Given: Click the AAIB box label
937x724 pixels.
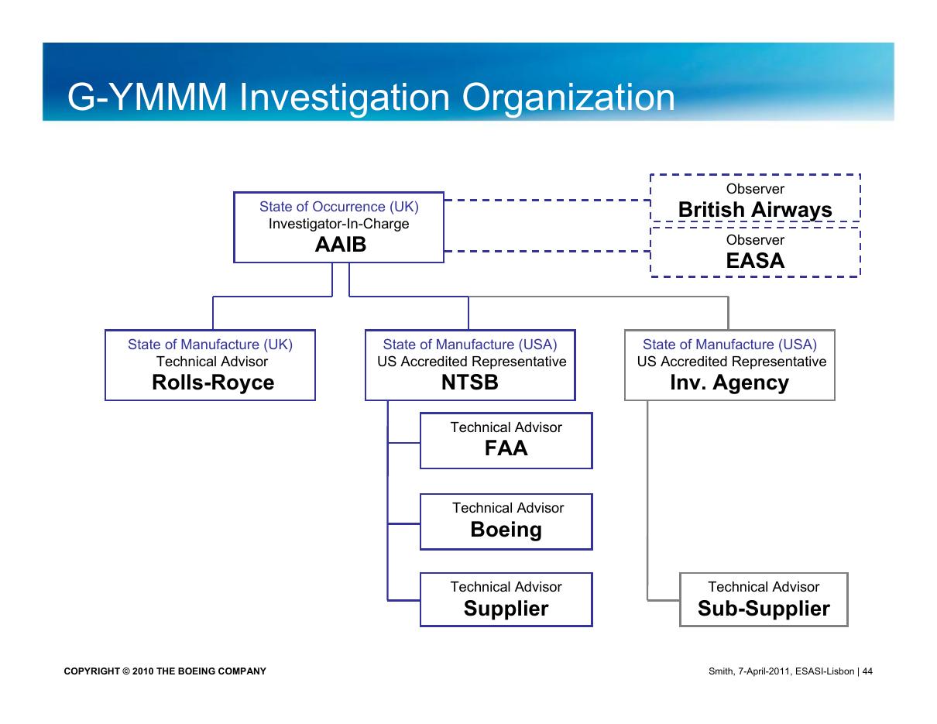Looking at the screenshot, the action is pos(340,245).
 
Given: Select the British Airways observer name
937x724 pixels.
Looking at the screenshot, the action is pos(754,210).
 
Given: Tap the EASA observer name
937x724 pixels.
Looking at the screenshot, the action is pos(755,260).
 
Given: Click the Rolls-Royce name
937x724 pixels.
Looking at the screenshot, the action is pos(213,383).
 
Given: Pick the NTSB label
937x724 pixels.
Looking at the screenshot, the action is pos(469,382).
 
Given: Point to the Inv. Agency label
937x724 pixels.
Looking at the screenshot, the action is pos(729,383).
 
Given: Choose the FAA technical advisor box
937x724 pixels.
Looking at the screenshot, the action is pos(506,441).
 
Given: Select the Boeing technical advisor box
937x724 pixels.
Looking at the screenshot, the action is pos(506,521).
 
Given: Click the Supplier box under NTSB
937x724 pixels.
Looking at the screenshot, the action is pos(506,599).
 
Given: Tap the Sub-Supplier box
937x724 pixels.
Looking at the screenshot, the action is pos(764,599).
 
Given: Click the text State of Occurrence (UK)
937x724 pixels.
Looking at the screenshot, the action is pos(339,207).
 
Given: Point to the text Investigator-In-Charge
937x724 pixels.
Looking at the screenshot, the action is pos(338,224).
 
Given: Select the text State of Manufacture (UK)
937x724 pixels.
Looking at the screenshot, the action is pos(210,345).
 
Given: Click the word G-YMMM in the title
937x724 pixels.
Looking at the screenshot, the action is pos(147,97).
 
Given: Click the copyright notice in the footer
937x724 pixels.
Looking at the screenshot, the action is pos(165,671).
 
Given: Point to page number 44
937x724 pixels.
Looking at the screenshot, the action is pos(867,671).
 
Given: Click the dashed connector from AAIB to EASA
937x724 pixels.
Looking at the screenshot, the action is pos(547,251).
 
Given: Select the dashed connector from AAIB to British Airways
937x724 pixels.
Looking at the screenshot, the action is pos(547,200).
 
